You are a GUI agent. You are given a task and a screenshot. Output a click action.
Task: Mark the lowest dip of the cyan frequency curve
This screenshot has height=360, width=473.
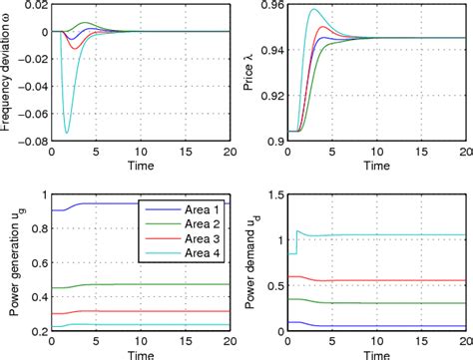68,133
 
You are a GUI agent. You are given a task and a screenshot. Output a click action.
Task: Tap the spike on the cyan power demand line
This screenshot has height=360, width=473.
296,230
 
